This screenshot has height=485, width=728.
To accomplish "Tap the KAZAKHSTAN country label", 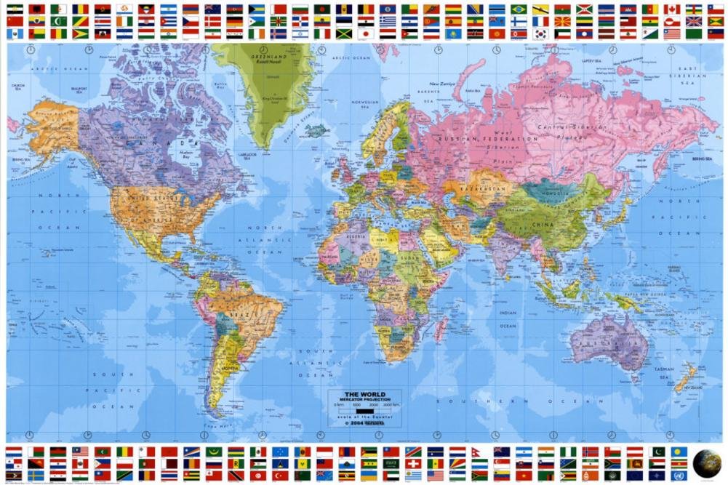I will coord(486,188).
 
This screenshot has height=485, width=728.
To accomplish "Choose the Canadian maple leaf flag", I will coord(672,9).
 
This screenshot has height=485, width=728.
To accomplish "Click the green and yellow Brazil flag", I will coord(519,9).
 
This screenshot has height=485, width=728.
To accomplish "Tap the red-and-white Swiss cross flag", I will coord(412,464).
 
